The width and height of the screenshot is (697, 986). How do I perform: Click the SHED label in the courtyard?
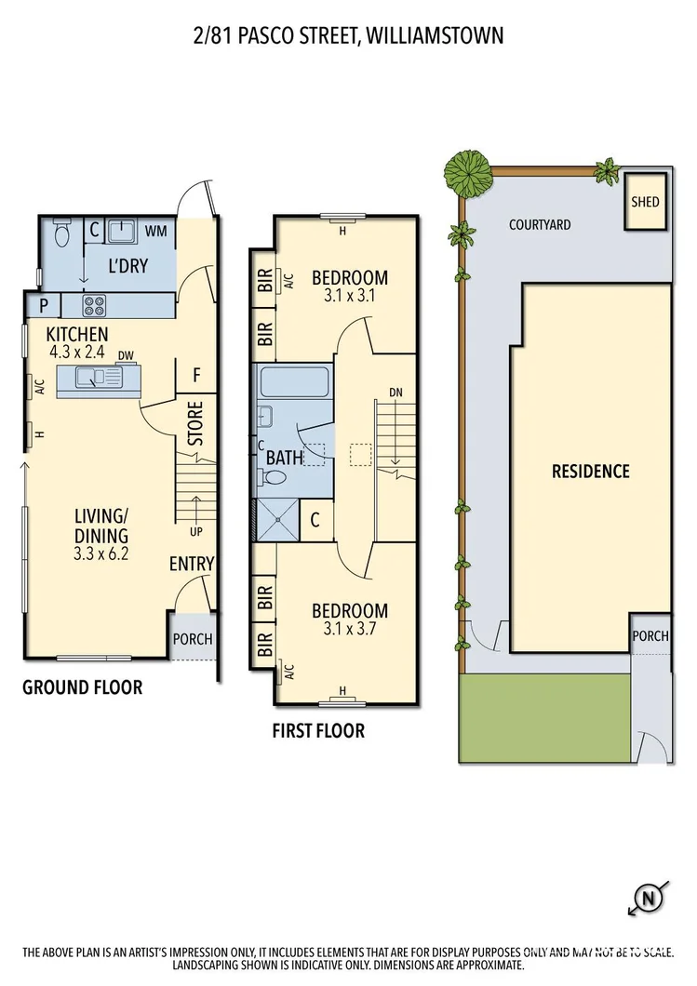[644, 202]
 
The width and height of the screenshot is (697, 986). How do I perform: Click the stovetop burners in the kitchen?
[95, 305]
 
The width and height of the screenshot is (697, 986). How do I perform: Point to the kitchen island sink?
[90, 377]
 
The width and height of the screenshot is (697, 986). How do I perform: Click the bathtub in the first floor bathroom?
[292, 383]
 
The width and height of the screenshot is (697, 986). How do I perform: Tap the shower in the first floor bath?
[278, 519]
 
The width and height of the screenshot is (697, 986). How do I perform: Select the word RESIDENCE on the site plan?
[591, 471]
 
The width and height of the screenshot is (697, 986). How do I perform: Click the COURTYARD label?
[540, 225]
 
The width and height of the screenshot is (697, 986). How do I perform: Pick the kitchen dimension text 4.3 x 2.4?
[78, 352]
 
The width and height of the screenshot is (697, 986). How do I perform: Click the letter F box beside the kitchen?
[196, 376]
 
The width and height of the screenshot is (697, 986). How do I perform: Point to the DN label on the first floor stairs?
[395, 393]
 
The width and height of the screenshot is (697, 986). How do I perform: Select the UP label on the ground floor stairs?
[196, 533]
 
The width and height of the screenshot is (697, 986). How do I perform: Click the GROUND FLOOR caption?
[82, 687]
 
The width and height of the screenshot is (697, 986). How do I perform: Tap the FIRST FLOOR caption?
[318, 731]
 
